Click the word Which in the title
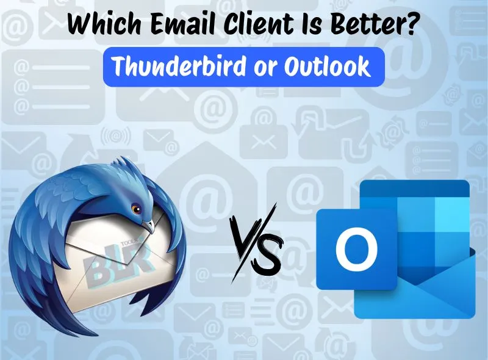102,25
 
